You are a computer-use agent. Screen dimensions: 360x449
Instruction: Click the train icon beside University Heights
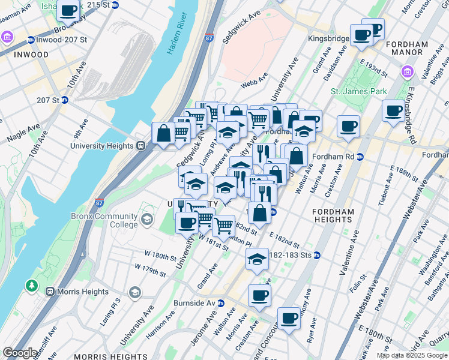pyautogui.click(x=140, y=145)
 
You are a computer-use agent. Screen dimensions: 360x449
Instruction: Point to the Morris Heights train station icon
pyautogui.click(x=48, y=292)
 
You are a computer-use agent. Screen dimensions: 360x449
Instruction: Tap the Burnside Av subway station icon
pyautogui.click(x=220, y=302)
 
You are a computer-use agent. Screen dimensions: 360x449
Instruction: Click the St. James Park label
pyautogui.click(x=357, y=92)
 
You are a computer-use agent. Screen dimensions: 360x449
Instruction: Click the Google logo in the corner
pyautogui.click(x=20, y=353)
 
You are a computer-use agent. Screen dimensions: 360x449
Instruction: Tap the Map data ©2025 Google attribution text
pyautogui.click(x=412, y=355)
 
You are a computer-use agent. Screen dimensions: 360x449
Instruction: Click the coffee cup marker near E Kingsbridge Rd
pyautogui.click(x=393, y=110)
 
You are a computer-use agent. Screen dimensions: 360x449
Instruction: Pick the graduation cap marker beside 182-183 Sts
pyautogui.click(x=257, y=259)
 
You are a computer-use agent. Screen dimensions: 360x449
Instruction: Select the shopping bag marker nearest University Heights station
pyautogui.click(x=163, y=133)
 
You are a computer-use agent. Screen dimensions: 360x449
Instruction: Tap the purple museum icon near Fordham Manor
pyautogui.click(x=407, y=73)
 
